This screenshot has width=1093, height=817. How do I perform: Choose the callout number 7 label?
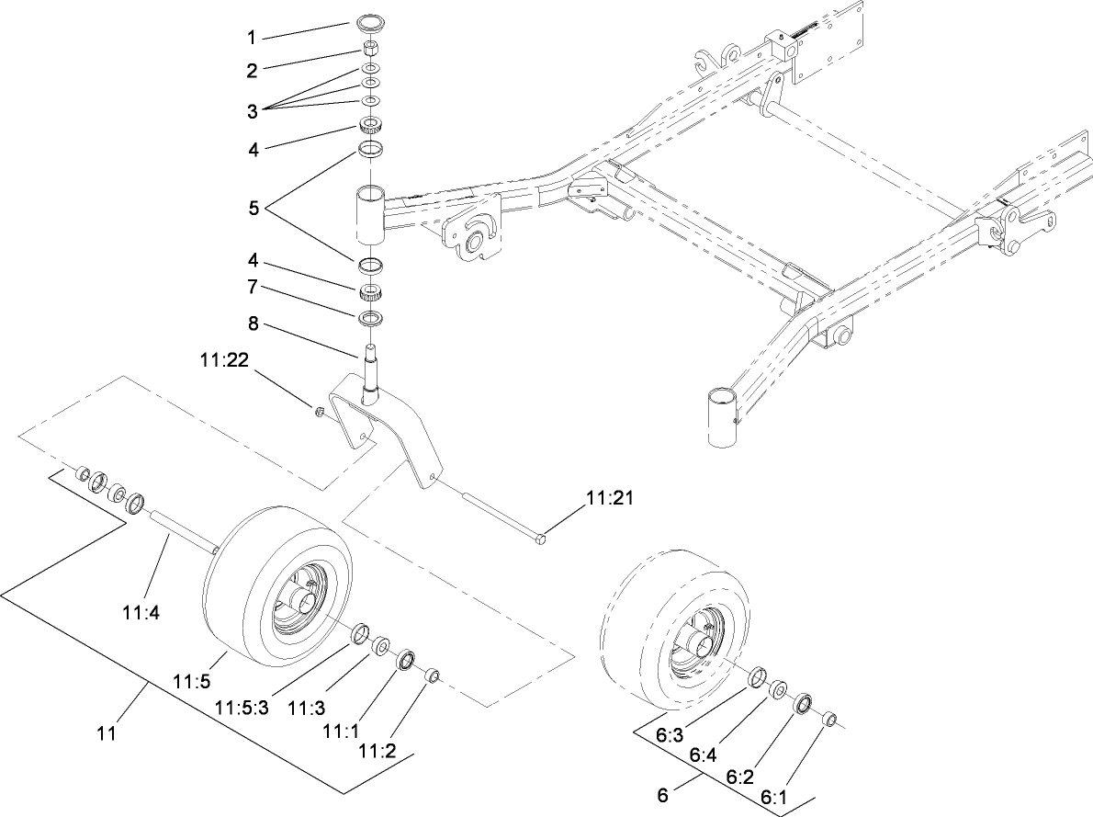[x=251, y=288]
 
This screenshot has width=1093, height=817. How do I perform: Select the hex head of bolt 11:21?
[x=540, y=538]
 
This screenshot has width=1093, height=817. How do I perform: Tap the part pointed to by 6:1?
[x=829, y=720]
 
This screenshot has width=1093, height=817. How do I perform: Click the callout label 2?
[x=251, y=71]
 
